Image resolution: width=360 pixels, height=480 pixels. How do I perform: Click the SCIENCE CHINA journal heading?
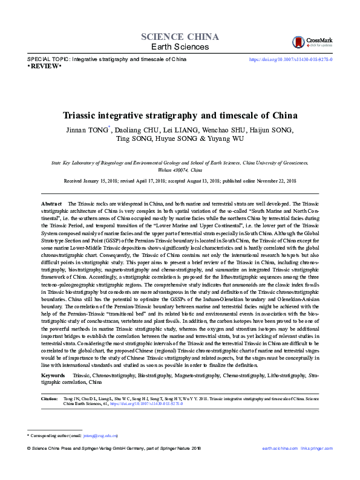(x=179, y=36)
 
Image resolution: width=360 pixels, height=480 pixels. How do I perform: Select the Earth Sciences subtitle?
(x=179, y=47)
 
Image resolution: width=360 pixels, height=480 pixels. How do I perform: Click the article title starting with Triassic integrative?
(x=180, y=115)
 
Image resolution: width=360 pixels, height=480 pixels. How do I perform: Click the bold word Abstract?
(x=51, y=204)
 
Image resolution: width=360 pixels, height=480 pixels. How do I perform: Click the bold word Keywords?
(x=53, y=377)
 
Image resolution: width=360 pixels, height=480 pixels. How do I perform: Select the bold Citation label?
(x=49, y=400)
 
